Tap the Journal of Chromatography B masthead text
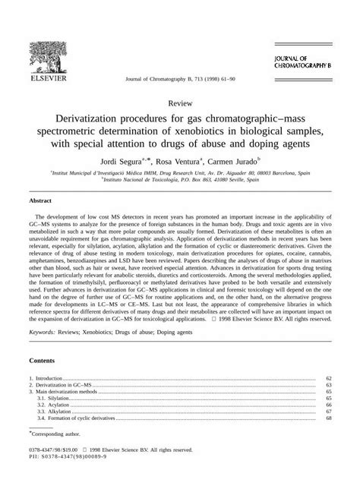coord(306,62)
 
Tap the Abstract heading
coord(40,202)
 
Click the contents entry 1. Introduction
coord(46,399)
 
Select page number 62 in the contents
coord(328,399)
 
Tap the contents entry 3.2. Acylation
coord(52,427)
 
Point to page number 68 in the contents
coord(328,440)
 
